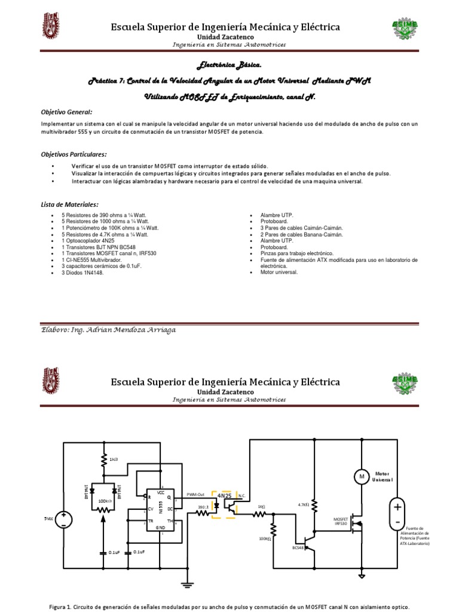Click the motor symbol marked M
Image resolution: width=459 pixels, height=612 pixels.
coord(361,476)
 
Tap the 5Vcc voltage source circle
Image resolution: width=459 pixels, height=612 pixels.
coord(65,519)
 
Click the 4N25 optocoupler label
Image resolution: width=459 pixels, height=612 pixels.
coord(225,495)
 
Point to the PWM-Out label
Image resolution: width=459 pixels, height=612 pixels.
coord(195,494)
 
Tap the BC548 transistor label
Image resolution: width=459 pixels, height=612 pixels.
coord(298,547)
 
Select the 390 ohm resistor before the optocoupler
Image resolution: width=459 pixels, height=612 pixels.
coord(203,512)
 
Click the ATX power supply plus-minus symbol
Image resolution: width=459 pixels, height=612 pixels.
coord(396,514)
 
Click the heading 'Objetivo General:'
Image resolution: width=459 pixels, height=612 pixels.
coord(66,112)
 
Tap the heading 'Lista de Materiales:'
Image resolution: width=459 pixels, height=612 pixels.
coord(69,204)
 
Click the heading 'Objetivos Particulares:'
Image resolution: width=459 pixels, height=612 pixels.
coord(74,154)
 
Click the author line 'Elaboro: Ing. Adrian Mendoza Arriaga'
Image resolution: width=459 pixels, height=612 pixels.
coord(108,329)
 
